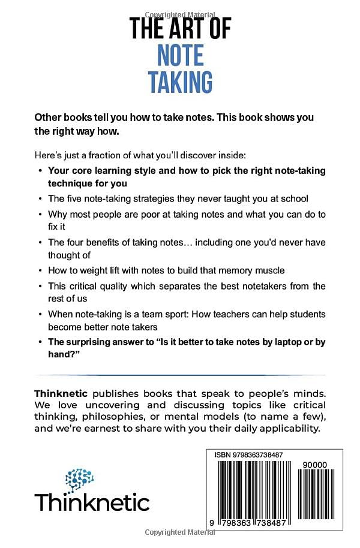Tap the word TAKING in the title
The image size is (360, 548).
[x=180, y=82]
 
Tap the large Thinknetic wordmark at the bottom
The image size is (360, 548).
[x=92, y=501]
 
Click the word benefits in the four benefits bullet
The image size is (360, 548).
[x=112, y=242]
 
